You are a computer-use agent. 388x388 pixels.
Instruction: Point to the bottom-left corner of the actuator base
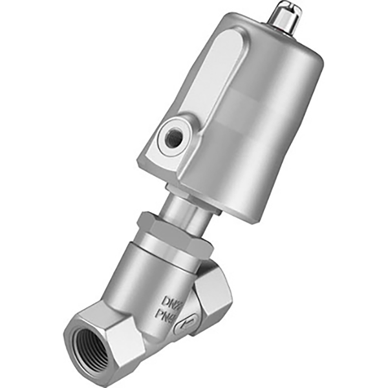click(x=146, y=165)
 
